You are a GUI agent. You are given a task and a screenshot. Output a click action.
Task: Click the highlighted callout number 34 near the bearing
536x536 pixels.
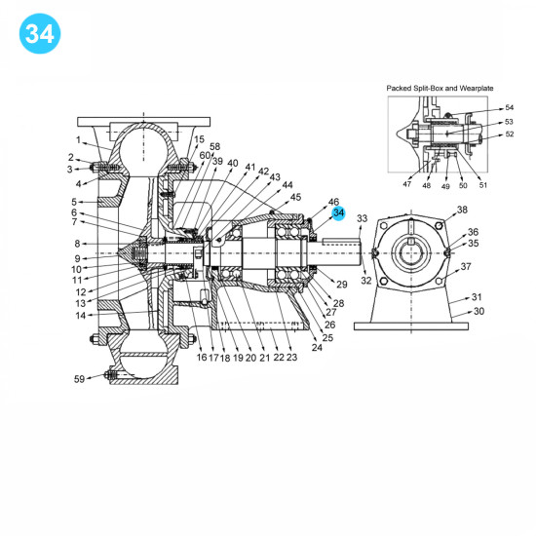click(x=338, y=213)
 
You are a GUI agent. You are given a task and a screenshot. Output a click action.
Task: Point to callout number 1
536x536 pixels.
click(x=78, y=139)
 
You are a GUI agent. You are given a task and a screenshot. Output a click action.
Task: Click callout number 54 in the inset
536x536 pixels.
click(x=509, y=108)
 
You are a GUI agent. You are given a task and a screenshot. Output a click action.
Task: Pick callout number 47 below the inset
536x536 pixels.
click(x=407, y=184)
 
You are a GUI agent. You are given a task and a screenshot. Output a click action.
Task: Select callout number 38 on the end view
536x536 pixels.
click(x=462, y=210)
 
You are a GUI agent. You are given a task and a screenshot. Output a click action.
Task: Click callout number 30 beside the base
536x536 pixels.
click(x=479, y=312)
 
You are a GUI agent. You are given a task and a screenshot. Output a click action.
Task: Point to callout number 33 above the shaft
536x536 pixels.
click(x=363, y=218)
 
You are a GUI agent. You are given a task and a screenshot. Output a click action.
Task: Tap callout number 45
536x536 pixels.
click(x=295, y=197)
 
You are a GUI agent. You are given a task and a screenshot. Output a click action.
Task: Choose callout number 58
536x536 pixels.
click(x=214, y=146)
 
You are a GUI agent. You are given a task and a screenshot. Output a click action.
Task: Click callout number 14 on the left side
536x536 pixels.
click(x=81, y=315)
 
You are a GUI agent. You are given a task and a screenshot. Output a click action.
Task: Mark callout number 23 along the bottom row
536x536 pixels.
click(x=292, y=358)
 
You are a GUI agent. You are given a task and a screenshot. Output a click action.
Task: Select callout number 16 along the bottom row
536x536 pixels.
click(x=202, y=358)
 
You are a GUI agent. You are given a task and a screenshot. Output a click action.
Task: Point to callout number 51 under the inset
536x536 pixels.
click(x=483, y=184)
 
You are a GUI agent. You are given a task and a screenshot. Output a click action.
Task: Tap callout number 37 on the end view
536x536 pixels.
click(x=467, y=266)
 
